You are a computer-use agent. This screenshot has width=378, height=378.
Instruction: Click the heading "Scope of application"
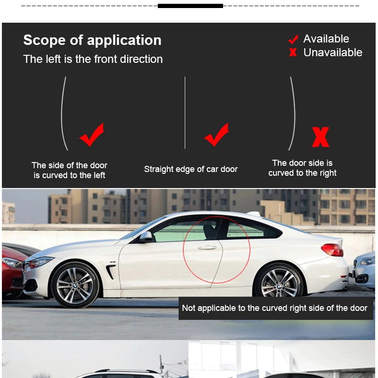point(92,40)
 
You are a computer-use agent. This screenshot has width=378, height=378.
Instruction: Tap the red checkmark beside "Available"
point(293,39)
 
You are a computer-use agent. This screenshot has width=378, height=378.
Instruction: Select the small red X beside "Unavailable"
point(293,52)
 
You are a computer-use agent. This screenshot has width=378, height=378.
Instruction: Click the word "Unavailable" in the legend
point(333,52)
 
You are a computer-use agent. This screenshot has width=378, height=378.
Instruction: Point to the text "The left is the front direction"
point(93,59)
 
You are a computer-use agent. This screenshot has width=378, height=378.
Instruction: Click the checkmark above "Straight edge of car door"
point(216,135)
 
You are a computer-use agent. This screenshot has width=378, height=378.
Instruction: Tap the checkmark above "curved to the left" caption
point(92,135)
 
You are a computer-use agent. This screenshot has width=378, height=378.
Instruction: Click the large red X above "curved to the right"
point(320,137)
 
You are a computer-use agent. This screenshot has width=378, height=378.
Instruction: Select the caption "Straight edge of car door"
point(191,169)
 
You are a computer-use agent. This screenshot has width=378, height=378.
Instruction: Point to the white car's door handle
point(207,248)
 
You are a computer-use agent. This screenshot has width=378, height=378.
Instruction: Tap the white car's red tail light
point(332,249)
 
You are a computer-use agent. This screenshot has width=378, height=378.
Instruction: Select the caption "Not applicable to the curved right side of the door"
point(275,308)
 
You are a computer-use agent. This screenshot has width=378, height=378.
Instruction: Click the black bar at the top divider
point(190,6)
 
